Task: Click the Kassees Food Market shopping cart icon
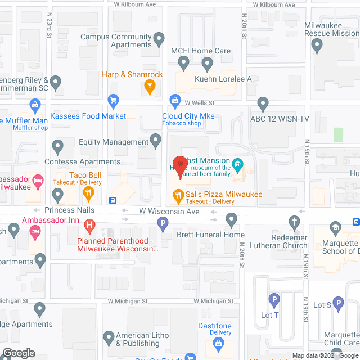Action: click(113, 102)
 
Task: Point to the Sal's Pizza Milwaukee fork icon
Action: click(178, 196)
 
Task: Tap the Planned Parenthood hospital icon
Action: click(89, 227)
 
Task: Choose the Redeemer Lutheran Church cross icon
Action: click(294, 222)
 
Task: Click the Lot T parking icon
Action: click(274, 300)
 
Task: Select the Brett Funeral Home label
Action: click(210, 235)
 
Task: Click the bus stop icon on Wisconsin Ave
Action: click(113, 200)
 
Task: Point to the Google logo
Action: click(18, 353)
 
